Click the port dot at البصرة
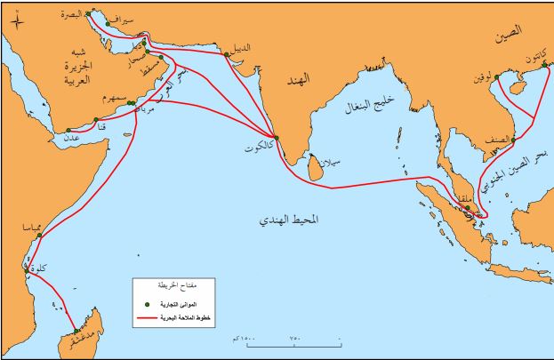(88, 13)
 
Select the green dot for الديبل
(229, 54)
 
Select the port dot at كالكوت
(276, 137)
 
